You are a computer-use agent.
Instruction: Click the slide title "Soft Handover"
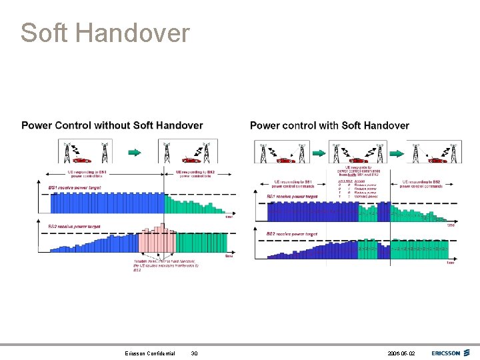(x=105, y=33)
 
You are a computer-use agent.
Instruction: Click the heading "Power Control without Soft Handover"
(x=112, y=125)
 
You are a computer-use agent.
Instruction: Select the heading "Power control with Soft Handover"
(x=329, y=125)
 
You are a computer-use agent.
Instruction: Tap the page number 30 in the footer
(x=195, y=353)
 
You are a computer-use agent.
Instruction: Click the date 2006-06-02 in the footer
(x=400, y=353)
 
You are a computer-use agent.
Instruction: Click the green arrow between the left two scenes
(x=135, y=152)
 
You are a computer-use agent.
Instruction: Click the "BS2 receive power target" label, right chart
(x=292, y=234)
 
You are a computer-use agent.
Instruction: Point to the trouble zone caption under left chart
(x=165, y=265)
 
